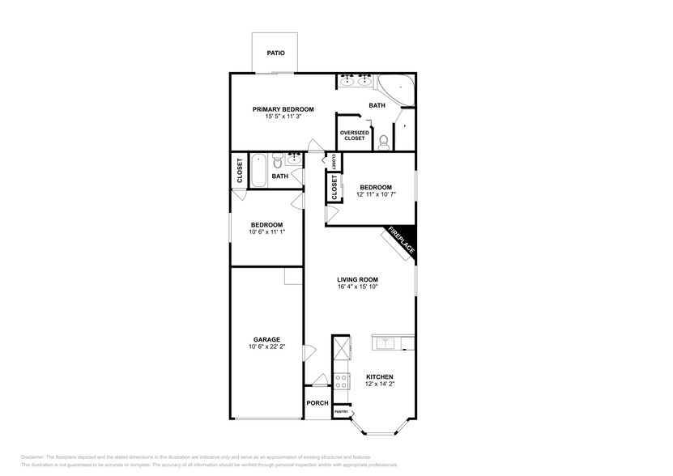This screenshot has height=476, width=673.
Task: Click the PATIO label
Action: tap(275, 53)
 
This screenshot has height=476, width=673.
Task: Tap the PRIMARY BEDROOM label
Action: tap(283, 109)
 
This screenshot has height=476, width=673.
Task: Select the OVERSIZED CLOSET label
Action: tap(355, 135)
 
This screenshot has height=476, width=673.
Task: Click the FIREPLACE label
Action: tap(401, 241)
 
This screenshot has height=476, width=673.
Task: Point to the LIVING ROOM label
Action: tap(358, 279)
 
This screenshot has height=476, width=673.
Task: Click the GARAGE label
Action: tap(266, 340)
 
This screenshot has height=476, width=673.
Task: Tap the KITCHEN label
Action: tap(379, 377)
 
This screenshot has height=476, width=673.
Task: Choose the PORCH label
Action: tap(317, 403)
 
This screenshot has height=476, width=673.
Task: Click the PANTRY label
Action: tap(342, 412)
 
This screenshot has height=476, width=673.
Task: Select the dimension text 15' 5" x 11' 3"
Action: tap(283, 117)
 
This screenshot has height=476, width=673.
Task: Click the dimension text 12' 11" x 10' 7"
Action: tap(376, 194)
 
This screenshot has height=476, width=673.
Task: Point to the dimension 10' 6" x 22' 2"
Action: tap(266, 347)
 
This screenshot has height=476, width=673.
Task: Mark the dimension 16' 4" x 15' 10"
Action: tap(358, 287)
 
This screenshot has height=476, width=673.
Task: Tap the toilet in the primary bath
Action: tap(383, 142)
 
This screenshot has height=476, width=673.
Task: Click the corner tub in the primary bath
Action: tap(399, 85)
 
